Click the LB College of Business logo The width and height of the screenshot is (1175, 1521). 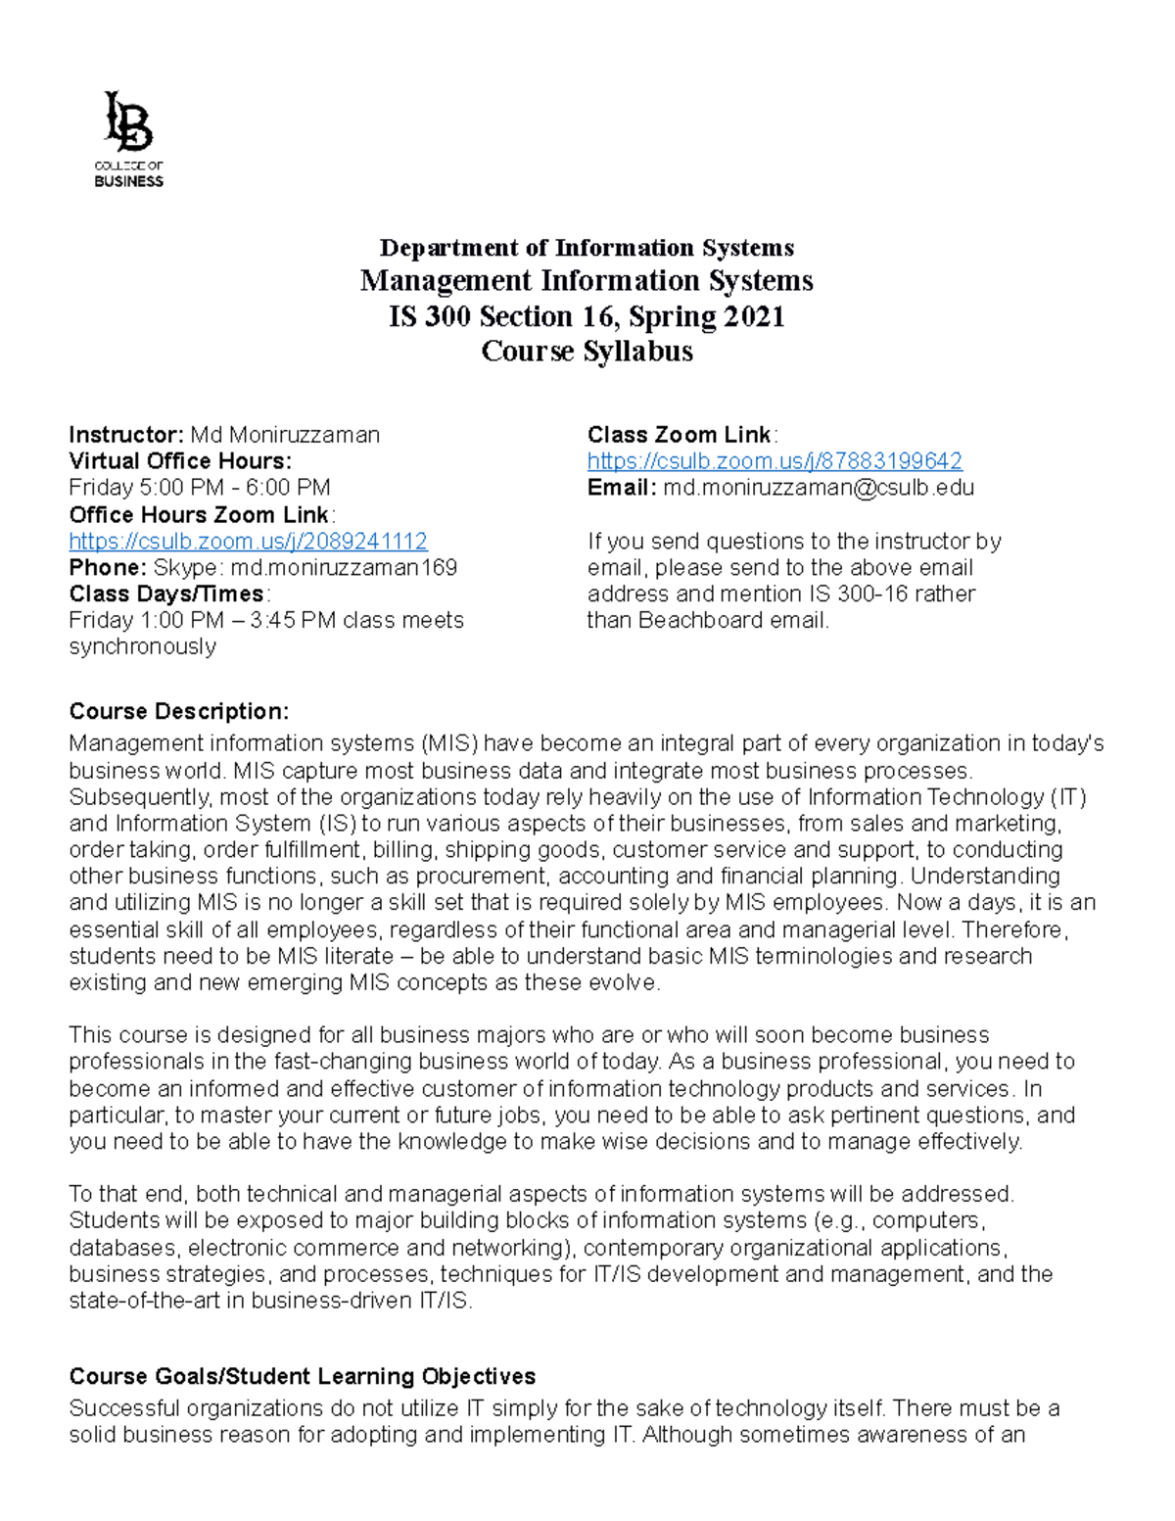pos(128,138)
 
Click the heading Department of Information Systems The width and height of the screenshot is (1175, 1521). pos(587,248)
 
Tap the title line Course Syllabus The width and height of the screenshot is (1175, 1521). pos(587,352)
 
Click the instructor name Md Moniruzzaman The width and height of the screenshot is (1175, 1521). pos(285,435)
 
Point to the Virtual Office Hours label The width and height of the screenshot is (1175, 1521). pos(180,461)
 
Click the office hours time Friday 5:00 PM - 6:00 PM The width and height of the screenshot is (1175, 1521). pos(200,488)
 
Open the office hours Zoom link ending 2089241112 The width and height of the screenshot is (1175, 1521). pos(248,542)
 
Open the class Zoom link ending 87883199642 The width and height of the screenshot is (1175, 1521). pos(775,461)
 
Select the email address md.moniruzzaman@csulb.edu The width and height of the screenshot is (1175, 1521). pos(819,488)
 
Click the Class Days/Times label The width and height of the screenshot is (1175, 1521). pos(166,594)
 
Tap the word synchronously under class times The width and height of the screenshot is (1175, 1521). pos(142,647)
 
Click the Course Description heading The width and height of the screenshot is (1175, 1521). pos(179,711)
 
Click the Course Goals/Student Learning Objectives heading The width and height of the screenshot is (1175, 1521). pos(303,1377)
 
